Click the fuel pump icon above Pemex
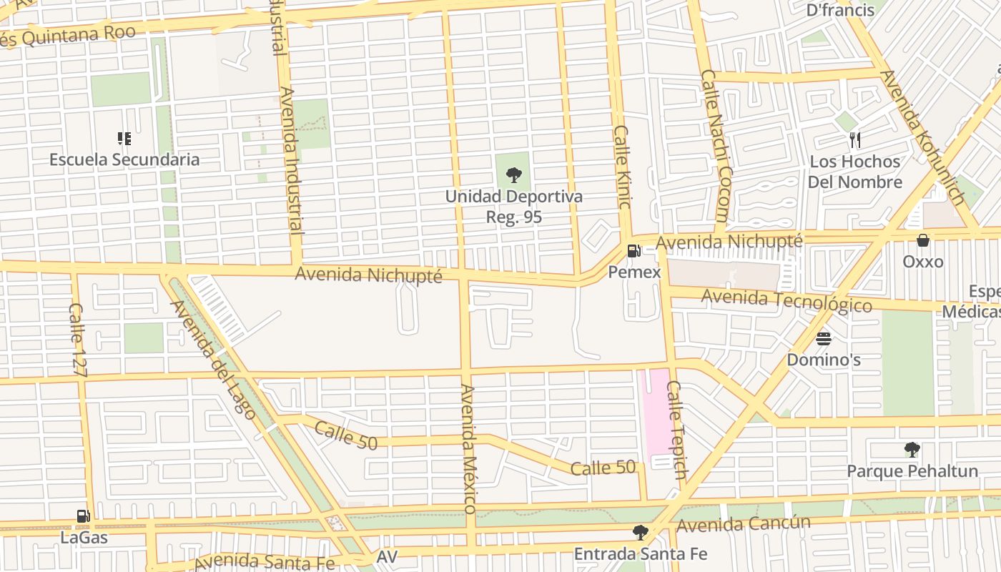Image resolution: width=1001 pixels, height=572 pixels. pyautogui.click(x=633, y=251)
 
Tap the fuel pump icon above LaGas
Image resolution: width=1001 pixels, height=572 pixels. pyautogui.click(x=84, y=516)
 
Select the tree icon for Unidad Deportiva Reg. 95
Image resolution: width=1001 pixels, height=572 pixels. pyautogui.click(x=513, y=174)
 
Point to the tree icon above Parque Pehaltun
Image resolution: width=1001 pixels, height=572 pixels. pyautogui.click(x=912, y=450)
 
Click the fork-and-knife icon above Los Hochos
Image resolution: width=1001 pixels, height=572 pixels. pyautogui.click(x=854, y=139)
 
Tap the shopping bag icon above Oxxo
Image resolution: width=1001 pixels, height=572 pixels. pyautogui.click(x=923, y=240)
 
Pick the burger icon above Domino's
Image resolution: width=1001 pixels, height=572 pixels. pyautogui.click(x=824, y=338)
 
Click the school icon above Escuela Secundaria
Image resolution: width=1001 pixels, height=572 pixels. pyautogui.click(x=124, y=138)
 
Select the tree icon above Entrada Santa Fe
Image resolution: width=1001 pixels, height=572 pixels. pyautogui.click(x=640, y=533)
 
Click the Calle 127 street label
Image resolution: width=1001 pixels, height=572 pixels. pyautogui.click(x=78, y=339)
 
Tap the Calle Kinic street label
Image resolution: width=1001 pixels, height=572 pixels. pyautogui.click(x=622, y=167)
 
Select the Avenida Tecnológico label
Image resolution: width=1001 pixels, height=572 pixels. pyautogui.click(x=786, y=300)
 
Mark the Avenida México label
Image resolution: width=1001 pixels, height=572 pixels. pyautogui.click(x=468, y=448)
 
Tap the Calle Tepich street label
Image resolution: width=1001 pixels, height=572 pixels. pyautogui.click(x=676, y=430)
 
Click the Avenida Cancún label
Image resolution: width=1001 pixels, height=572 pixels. pyautogui.click(x=744, y=524)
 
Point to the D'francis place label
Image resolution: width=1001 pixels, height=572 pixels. pyautogui.click(x=840, y=10)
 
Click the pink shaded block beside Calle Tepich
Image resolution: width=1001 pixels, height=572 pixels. pyautogui.click(x=657, y=415)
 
